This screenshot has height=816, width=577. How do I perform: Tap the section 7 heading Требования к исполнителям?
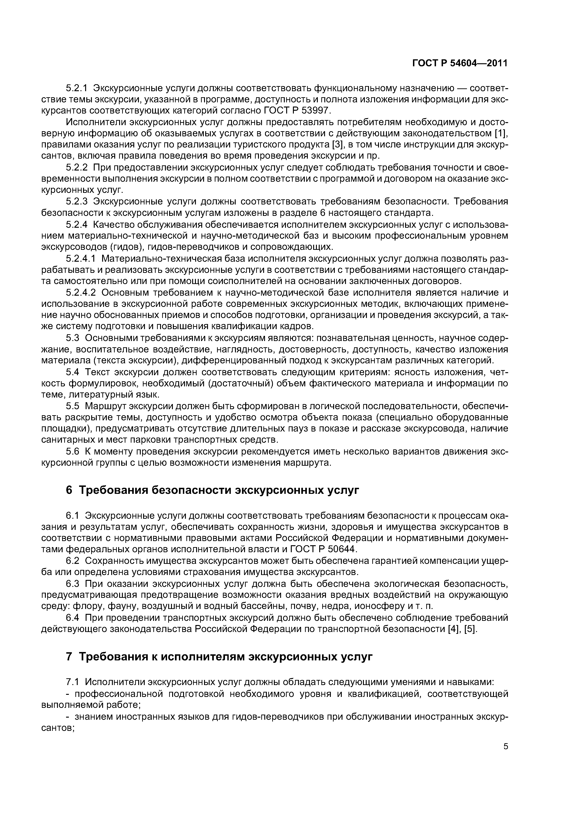click(219, 656)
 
